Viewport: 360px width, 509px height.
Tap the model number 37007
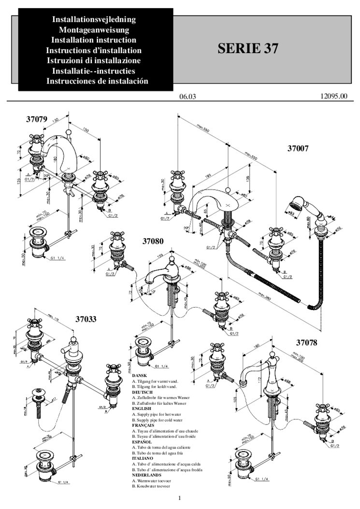(x=298, y=149)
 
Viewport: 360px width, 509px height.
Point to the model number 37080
(x=153, y=240)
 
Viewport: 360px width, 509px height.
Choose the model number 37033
(x=86, y=319)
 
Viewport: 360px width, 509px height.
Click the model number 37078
(x=307, y=343)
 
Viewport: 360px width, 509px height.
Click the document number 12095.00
(x=333, y=96)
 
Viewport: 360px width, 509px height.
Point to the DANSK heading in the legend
(x=139, y=375)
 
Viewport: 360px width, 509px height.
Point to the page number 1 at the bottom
(x=179, y=498)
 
